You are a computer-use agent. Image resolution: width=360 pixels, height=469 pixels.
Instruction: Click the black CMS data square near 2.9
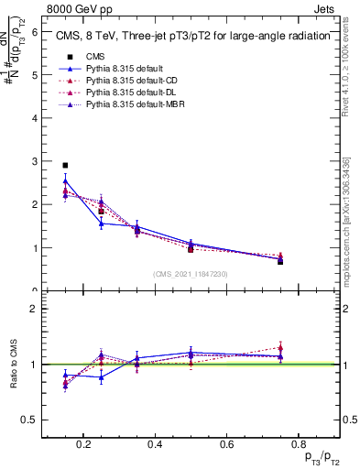pos(65,166)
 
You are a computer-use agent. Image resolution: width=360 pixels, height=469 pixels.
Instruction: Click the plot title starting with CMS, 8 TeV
pos(193,38)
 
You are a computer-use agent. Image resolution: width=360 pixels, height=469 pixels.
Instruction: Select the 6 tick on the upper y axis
pos(34,30)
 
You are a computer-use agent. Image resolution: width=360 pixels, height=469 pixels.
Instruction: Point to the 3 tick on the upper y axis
pos(34,161)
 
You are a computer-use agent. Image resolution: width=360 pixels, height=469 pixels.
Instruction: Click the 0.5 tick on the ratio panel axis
pos(31,420)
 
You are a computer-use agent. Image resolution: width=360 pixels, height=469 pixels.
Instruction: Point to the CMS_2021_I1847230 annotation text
pos(191,273)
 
